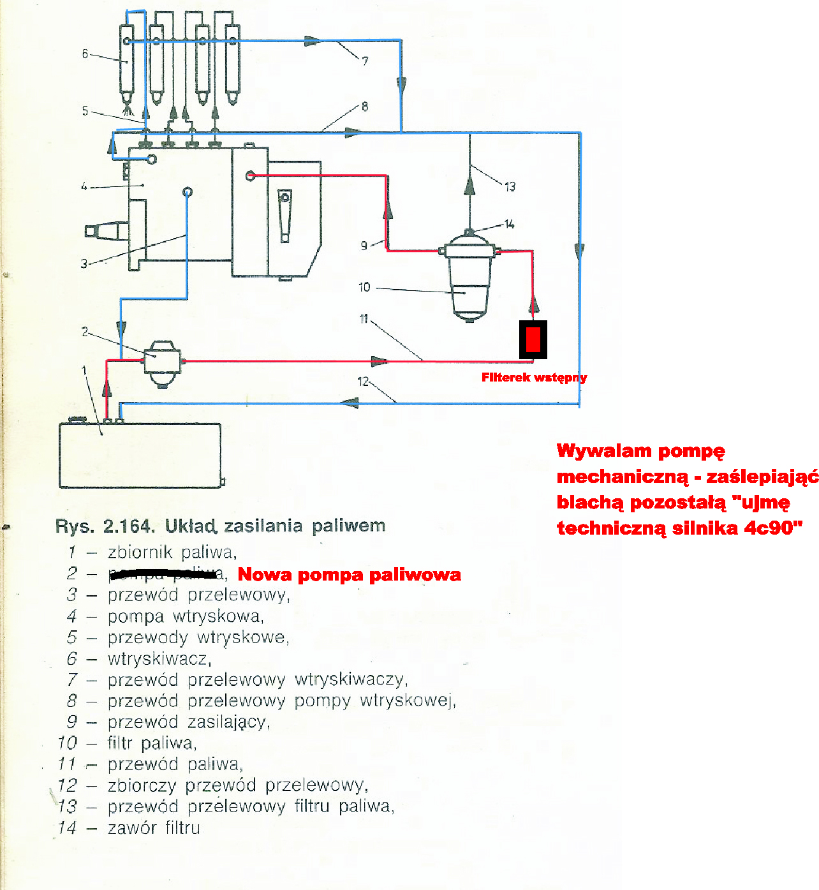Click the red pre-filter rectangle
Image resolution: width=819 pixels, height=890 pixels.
533,339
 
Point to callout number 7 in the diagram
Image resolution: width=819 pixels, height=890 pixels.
365,61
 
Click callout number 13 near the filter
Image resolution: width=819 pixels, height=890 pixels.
510,187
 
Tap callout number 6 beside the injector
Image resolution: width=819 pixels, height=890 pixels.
85,54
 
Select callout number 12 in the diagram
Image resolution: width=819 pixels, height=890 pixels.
363,382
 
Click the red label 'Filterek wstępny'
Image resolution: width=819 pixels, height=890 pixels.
534,378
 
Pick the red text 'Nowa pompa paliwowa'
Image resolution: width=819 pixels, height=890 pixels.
349,575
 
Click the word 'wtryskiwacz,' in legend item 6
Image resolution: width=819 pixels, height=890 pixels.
159,658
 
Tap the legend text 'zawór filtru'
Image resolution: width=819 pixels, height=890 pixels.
154,828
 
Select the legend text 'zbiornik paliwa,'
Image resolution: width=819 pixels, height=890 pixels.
172,552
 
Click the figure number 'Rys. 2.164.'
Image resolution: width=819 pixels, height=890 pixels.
105,526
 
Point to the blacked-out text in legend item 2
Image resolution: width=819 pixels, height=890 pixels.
163,574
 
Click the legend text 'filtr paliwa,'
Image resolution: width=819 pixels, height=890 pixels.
152,743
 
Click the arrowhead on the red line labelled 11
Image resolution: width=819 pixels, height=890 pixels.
379,362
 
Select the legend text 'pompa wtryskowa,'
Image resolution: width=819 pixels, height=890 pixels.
186,616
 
